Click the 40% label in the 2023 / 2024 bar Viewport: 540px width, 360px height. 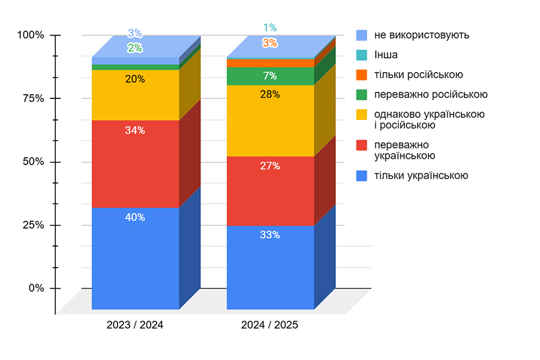click(x=135, y=217)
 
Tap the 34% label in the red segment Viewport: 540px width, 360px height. click(x=135, y=130)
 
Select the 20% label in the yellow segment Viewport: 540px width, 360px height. click(x=135, y=79)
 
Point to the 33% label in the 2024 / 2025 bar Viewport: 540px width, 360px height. click(x=270, y=235)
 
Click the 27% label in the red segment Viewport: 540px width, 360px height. click(x=270, y=166)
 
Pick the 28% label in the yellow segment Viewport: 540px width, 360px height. click(x=270, y=94)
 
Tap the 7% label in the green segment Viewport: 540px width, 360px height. click(x=270, y=76)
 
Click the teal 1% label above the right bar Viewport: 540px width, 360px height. click(x=270, y=28)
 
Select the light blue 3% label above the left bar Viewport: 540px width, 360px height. click(x=135, y=34)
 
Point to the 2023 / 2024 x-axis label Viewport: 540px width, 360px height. click(x=135, y=325)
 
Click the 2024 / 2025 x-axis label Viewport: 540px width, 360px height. click(x=270, y=325)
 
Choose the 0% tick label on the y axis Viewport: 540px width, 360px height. click(x=36, y=288)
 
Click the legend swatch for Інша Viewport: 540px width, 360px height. click(x=362, y=55)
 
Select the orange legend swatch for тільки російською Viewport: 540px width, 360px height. click(x=362, y=75)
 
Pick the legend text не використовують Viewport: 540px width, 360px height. click(x=422, y=35)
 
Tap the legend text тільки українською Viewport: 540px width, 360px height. click(x=421, y=176)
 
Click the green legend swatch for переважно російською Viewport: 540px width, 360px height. click(x=362, y=94)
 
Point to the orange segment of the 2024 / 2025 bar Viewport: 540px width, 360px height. click(x=270, y=63)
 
